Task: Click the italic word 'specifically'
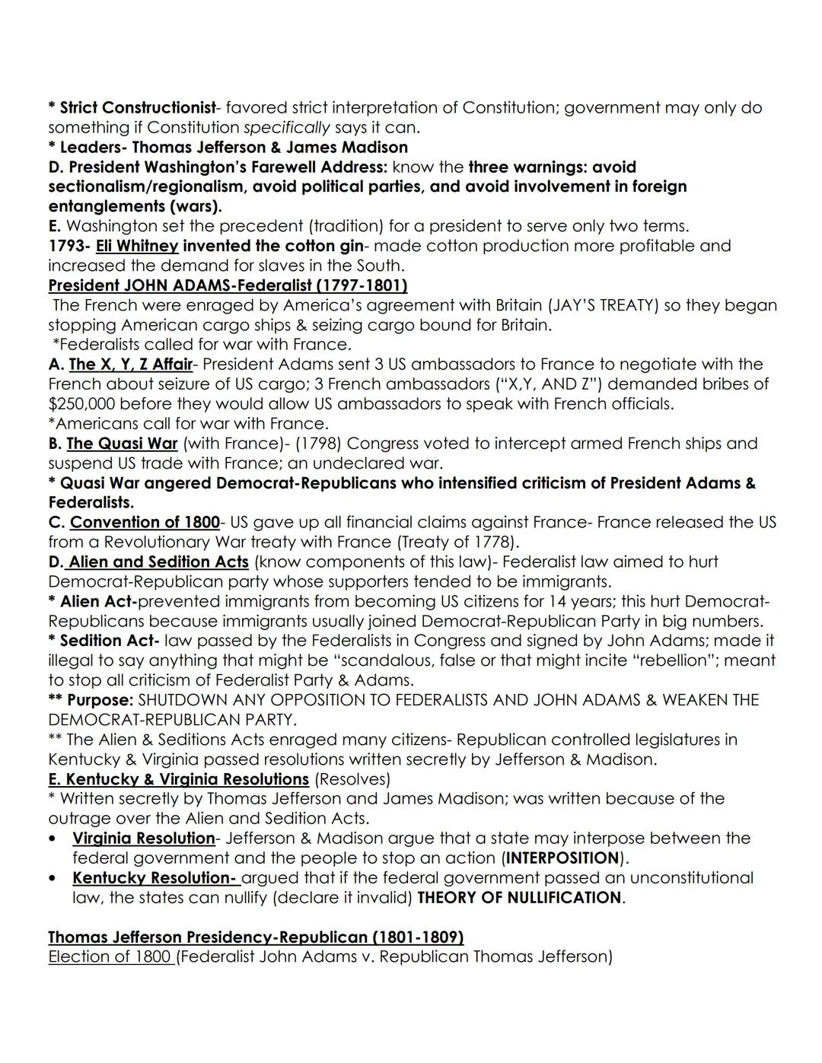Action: pyautogui.click(x=286, y=128)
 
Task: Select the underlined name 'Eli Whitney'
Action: pyautogui.click(x=137, y=246)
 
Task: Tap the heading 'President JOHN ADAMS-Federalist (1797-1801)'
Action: pyautogui.click(x=228, y=285)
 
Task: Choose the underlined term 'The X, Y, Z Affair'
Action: pyautogui.click(x=130, y=364)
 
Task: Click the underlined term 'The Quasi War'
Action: pyautogui.click(x=122, y=444)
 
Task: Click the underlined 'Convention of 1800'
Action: pyautogui.click(x=145, y=523)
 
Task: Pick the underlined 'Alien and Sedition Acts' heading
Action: pyautogui.click(x=158, y=562)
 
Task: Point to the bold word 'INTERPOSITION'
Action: pyautogui.click(x=562, y=858)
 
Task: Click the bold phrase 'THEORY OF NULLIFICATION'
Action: pyautogui.click(x=519, y=898)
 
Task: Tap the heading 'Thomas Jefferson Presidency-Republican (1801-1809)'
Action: pyautogui.click(x=256, y=937)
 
